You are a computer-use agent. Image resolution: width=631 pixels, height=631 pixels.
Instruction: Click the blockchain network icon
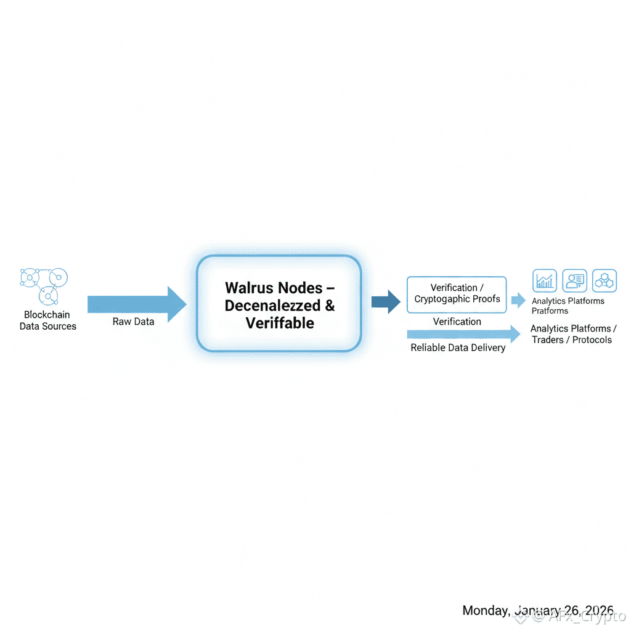click(44, 285)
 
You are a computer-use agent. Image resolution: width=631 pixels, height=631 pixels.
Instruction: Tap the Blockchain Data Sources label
click(48, 320)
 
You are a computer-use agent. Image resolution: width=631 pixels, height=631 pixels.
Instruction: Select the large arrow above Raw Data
click(136, 304)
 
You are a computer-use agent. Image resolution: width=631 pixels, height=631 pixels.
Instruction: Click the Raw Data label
click(133, 322)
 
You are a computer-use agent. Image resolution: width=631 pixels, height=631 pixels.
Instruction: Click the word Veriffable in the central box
click(280, 323)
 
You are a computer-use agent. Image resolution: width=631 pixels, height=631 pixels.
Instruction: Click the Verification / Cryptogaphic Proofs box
click(457, 294)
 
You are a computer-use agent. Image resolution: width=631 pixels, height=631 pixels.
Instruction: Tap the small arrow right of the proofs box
click(519, 301)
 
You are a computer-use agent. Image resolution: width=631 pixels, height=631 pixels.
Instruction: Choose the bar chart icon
click(544, 281)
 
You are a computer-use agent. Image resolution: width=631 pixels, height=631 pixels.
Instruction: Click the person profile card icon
click(574, 281)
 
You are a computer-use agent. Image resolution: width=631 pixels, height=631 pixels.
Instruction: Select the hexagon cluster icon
click(604, 281)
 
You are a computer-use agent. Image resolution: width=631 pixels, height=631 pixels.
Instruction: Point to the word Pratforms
click(550, 311)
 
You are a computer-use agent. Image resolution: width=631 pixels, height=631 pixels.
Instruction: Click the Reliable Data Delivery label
click(458, 348)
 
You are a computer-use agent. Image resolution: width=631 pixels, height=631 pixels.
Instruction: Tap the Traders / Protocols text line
click(572, 340)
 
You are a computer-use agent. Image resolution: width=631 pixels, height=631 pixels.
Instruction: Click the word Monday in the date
click(486, 610)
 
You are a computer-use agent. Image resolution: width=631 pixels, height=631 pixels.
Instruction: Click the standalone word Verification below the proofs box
click(457, 322)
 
